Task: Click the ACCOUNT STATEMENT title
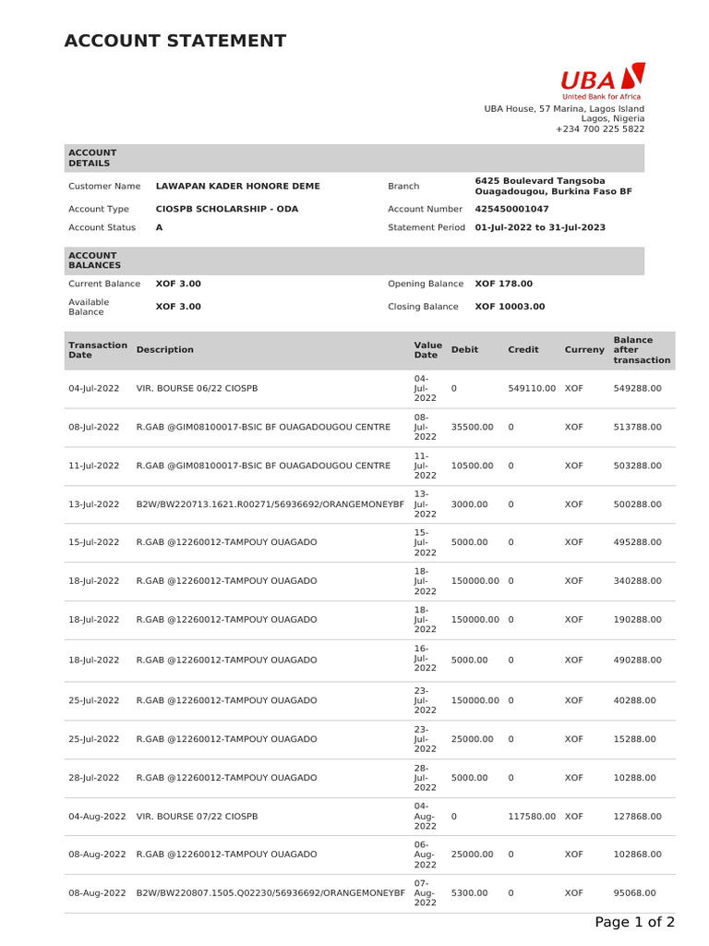pyautogui.click(x=175, y=41)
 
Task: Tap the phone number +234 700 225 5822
pyautogui.click(x=600, y=129)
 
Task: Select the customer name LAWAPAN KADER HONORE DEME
pyautogui.click(x=238, y=186)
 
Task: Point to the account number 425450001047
pyautogui.click(x=511, y=209)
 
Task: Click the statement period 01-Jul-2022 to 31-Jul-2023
pyautogui.click(x=540, y=227)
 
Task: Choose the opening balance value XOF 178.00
pyautogui.click(x=503, y=284)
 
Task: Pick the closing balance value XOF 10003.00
pyautogui.click(x=510, y=307)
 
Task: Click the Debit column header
pyautogui.click(x=464, y=350)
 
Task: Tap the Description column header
pyautogui.click(x=165, y=350)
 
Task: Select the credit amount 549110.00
pyautogui.click(x=532, y=389)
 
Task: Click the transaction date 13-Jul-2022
pyautogui.click(x=94, y=504)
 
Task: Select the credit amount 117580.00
pyautogui.click(x=532, y=817)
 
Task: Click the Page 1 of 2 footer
pyautogui.click(x=634, y=922)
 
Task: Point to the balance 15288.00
pyautogui.click(x=634, y=739)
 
